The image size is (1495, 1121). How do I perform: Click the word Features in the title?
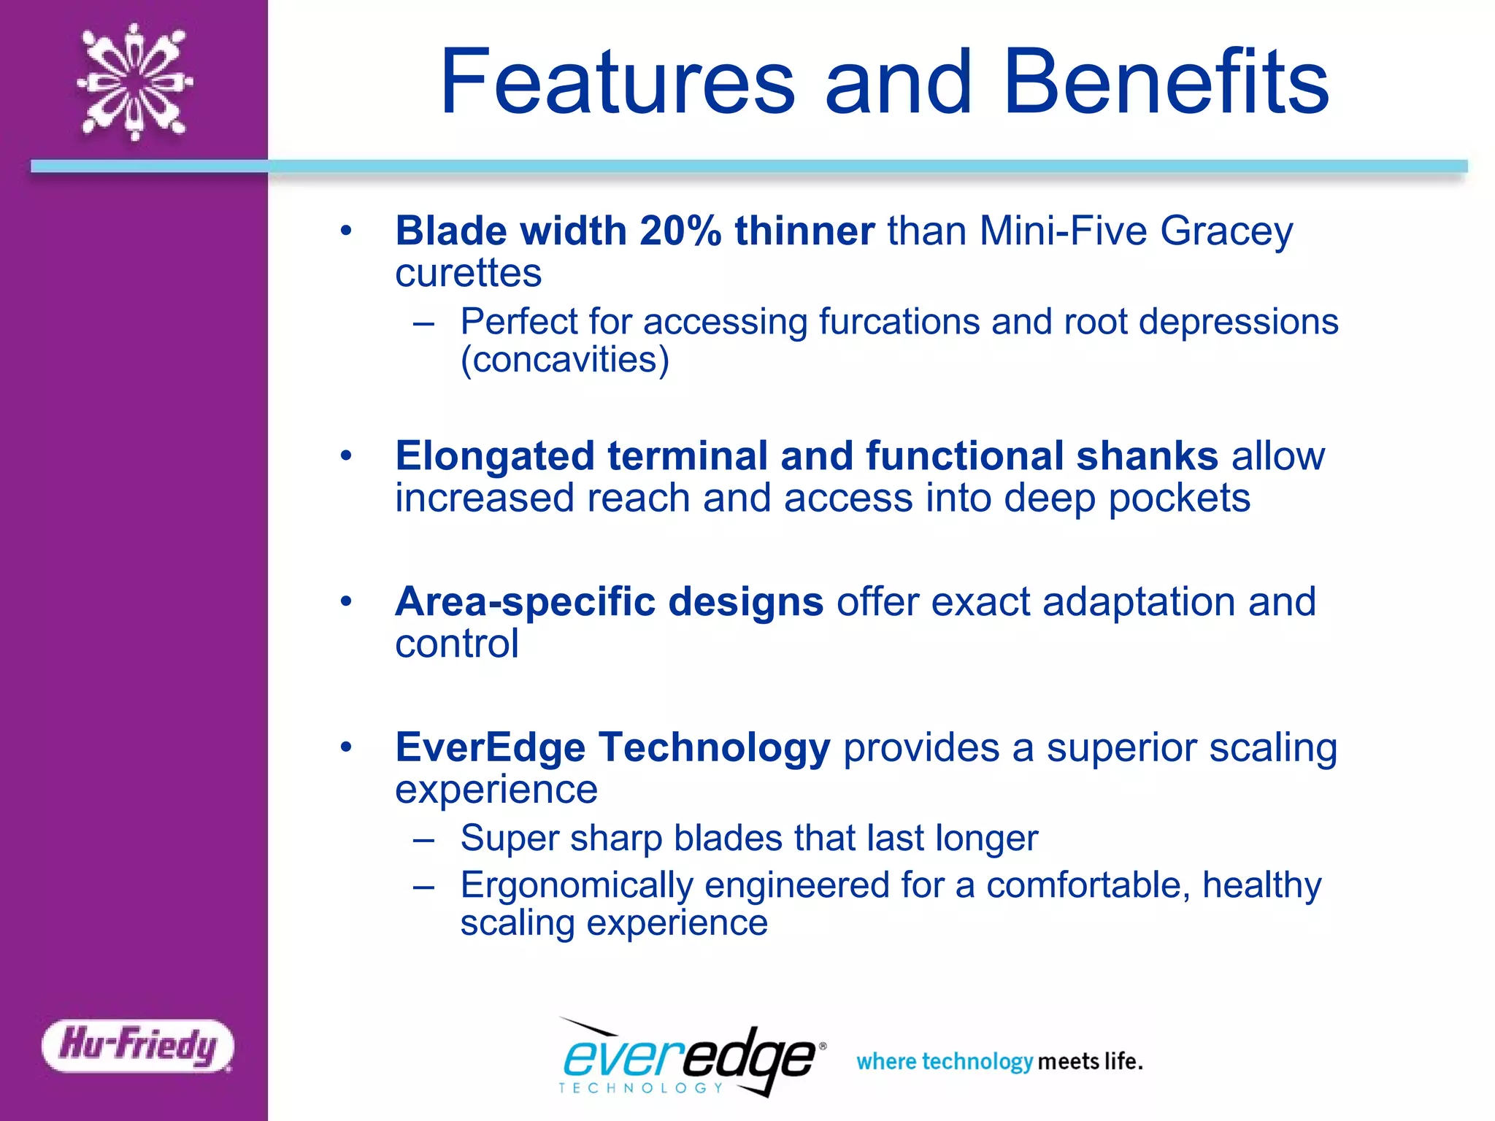point(618,82)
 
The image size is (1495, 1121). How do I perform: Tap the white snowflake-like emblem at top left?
point(134,82)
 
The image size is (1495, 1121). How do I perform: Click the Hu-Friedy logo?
point(138,1045)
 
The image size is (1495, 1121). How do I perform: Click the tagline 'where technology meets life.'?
point(999,1061)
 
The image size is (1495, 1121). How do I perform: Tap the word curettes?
point(468,274)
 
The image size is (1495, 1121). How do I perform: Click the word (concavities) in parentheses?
point(564,360)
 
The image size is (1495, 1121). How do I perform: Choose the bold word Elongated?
point(495,458)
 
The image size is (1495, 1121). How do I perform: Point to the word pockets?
point(1179,499)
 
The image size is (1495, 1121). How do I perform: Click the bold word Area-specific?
point(525,603)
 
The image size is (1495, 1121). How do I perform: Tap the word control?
point(457,644)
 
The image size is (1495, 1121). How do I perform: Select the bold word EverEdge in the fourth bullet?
point(490,748)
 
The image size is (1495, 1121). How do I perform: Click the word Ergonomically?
point(576,886)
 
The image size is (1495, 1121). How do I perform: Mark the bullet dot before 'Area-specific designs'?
point(346,602)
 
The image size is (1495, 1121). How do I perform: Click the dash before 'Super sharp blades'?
point(424,839)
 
